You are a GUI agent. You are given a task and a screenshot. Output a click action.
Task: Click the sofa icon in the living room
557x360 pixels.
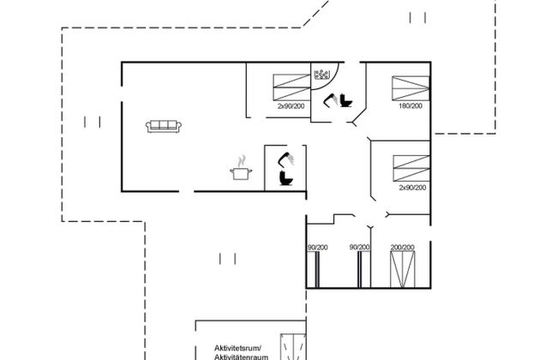pyautogui.click(x=164, y=126)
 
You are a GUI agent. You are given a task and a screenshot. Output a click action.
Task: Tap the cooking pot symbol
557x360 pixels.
pyautogui.click(x=241, y=173)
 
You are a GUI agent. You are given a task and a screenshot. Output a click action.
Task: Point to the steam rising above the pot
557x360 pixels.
pyautogui.click(x=242, y=161)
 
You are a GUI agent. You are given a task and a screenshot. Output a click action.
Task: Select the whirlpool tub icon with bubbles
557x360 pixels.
pyautogui.click(x=322, y=75)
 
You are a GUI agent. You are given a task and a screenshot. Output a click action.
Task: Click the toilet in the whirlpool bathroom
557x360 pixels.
pyautogui.click(x=345, y=100)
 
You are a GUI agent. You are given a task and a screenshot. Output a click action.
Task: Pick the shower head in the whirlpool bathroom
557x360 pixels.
pyautogui.click(x=331, y=100)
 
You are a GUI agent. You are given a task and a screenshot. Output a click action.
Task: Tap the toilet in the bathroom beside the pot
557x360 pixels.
pyautogui.click(x=286, y=178)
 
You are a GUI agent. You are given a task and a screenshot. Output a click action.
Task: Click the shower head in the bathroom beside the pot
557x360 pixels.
pyautogui.click(x=286, y=159)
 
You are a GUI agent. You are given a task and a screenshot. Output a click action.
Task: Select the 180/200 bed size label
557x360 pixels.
pyautogui.click(x=410, y=106)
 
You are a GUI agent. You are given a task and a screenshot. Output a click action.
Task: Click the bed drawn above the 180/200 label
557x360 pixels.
pyautogui.click(x=410, y=88)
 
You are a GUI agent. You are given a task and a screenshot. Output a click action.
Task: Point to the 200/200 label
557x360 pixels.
pyautogui.click(x=403, y=248)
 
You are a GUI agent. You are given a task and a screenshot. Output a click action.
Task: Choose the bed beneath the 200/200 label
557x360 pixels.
pyautogui.click(x=403, y=269)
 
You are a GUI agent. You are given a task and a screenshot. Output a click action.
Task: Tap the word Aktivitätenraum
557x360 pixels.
pyautogui.click(x=241, y=357)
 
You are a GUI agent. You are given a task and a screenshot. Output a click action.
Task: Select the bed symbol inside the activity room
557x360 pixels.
pyautogui.click(x=293, y=347)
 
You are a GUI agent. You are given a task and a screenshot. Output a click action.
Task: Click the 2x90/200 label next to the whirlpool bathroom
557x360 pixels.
pyautogui.click(x=291, y=106)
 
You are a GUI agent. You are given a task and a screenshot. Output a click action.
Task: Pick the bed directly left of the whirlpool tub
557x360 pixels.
pyautogui.click(x=291, y=87)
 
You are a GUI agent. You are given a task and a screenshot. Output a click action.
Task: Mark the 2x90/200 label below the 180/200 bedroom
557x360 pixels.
pyautogui.click(x=412, y=188)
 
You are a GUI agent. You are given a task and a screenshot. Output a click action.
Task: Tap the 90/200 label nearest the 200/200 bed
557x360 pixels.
pyautogui.click(x=360, y=248)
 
